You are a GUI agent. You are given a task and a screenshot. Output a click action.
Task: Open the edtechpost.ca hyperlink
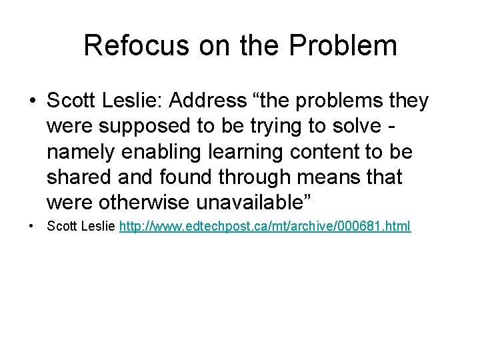tap(265, 227)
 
